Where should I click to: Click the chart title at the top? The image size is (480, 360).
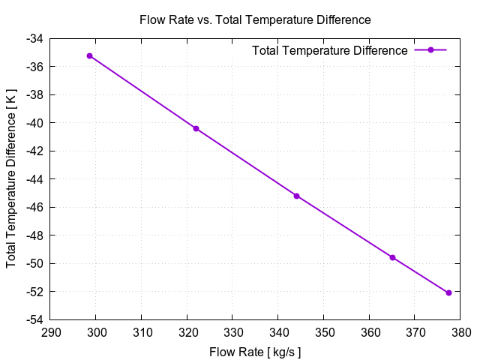[x=255, y=19]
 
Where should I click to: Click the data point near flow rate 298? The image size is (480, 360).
[x=89, y=55]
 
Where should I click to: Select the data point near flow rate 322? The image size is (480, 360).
[x=196, y=128]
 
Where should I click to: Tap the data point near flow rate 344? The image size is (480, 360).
[x=296, y=196]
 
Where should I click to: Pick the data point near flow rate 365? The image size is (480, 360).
[x=392, y=257]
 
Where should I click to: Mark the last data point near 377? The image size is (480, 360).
[x=448, y=292]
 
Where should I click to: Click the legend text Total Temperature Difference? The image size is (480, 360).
[x=330, y=50]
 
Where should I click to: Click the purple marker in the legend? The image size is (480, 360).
[x=430, y=50]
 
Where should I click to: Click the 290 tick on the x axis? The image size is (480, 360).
[x=51, y=332]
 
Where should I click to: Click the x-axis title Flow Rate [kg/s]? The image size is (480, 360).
[x=256, y=351]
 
